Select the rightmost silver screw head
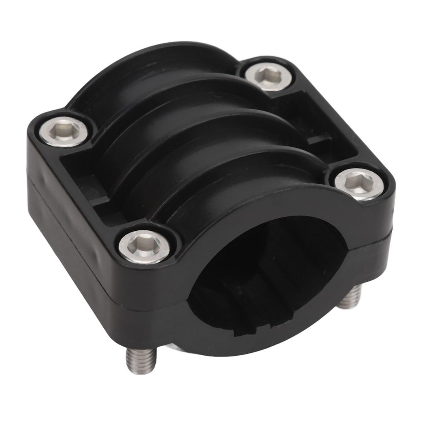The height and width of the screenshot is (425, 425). pos(359,184)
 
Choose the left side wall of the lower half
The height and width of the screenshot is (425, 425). pos(66,249)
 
